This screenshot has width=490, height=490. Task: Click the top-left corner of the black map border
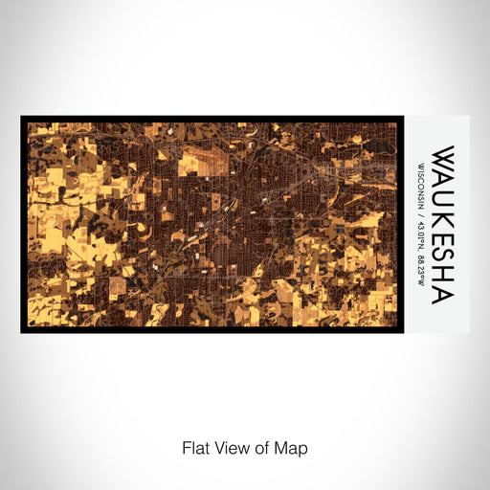click(22, 118)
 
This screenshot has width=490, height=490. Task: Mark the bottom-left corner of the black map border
click(22, 331)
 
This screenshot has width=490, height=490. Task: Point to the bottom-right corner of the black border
click(402, 331)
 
